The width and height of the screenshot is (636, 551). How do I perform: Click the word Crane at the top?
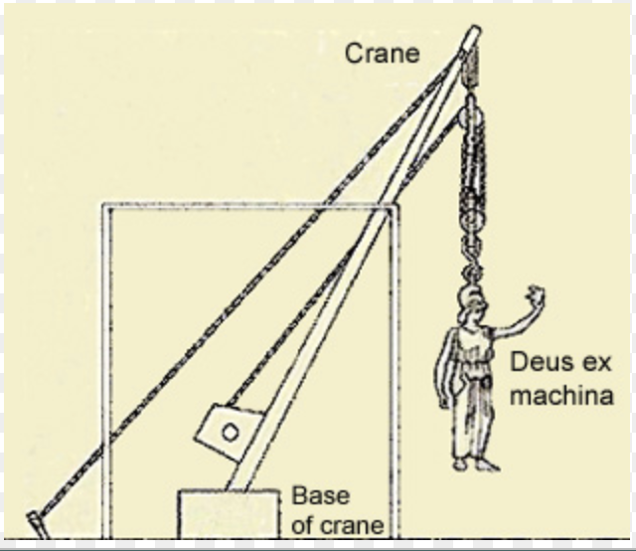[x=381, y=54]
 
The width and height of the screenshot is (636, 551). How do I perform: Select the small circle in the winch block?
[x=230, y=432]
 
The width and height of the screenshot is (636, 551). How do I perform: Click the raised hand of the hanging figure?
[x=537, y=294]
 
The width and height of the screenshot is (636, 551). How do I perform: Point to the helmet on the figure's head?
[x=469, y=298]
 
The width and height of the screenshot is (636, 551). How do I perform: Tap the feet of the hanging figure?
[x=474, y=463]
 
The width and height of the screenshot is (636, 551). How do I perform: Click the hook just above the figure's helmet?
[x=471, y=271]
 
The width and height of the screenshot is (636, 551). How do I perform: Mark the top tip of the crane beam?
[x=474, y=32]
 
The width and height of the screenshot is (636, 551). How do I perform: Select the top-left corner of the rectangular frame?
[x=101, y=206]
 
